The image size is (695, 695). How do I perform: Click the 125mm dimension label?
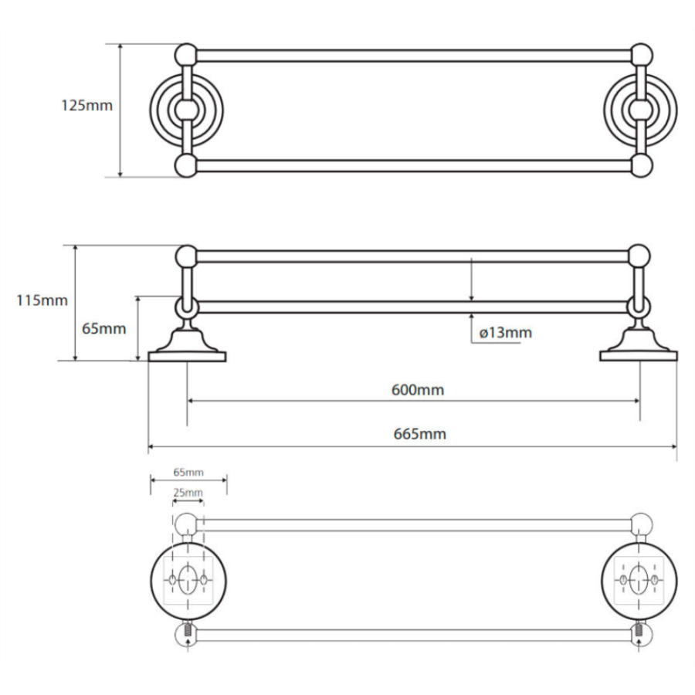(86, 105)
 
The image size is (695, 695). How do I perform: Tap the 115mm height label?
(42, 300)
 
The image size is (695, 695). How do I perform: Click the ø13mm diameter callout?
(506, 333)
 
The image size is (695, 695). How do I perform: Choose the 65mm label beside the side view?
(104, 328)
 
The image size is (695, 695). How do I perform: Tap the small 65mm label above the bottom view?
(188, 471)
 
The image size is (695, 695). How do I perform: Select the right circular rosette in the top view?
(641, 110)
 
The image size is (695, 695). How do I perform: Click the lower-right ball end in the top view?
(640, 166)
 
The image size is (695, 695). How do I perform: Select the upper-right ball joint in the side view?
(639, 256)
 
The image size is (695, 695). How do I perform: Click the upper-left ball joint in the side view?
(186, 256)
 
